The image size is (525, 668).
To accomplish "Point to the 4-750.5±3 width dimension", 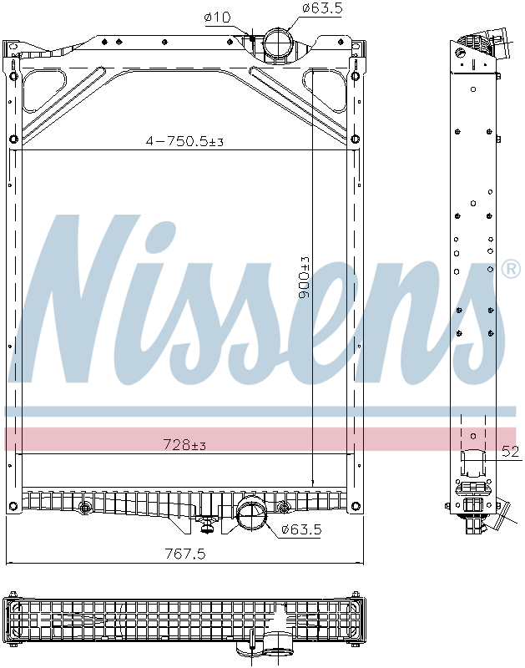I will coord(184,142).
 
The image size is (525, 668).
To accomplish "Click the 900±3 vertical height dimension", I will coord(305,278).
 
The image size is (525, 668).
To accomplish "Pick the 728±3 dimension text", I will coord(184,445).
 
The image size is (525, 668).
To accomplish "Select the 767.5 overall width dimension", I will coord(184,554).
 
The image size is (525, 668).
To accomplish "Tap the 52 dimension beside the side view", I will coord(510,452).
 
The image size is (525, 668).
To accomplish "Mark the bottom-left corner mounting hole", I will coord(13,506).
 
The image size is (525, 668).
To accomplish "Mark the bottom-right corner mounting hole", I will coord(356,506).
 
